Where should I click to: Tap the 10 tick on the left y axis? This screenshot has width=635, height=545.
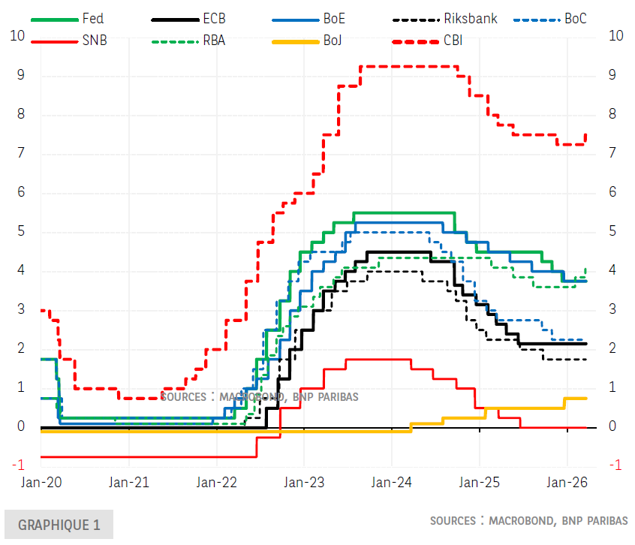(x=17, y=35)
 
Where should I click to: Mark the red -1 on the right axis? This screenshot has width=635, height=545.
(x=614, y=465)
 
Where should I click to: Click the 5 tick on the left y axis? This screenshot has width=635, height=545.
(x=21, y=231)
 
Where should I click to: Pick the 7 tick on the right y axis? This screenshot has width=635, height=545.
(x=613, y=153)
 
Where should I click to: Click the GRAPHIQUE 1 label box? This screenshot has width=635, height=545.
(x=59, y=525)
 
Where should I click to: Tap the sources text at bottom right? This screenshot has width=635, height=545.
(x=529, y=520)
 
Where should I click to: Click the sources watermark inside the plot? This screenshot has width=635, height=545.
(x=259, y=396)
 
